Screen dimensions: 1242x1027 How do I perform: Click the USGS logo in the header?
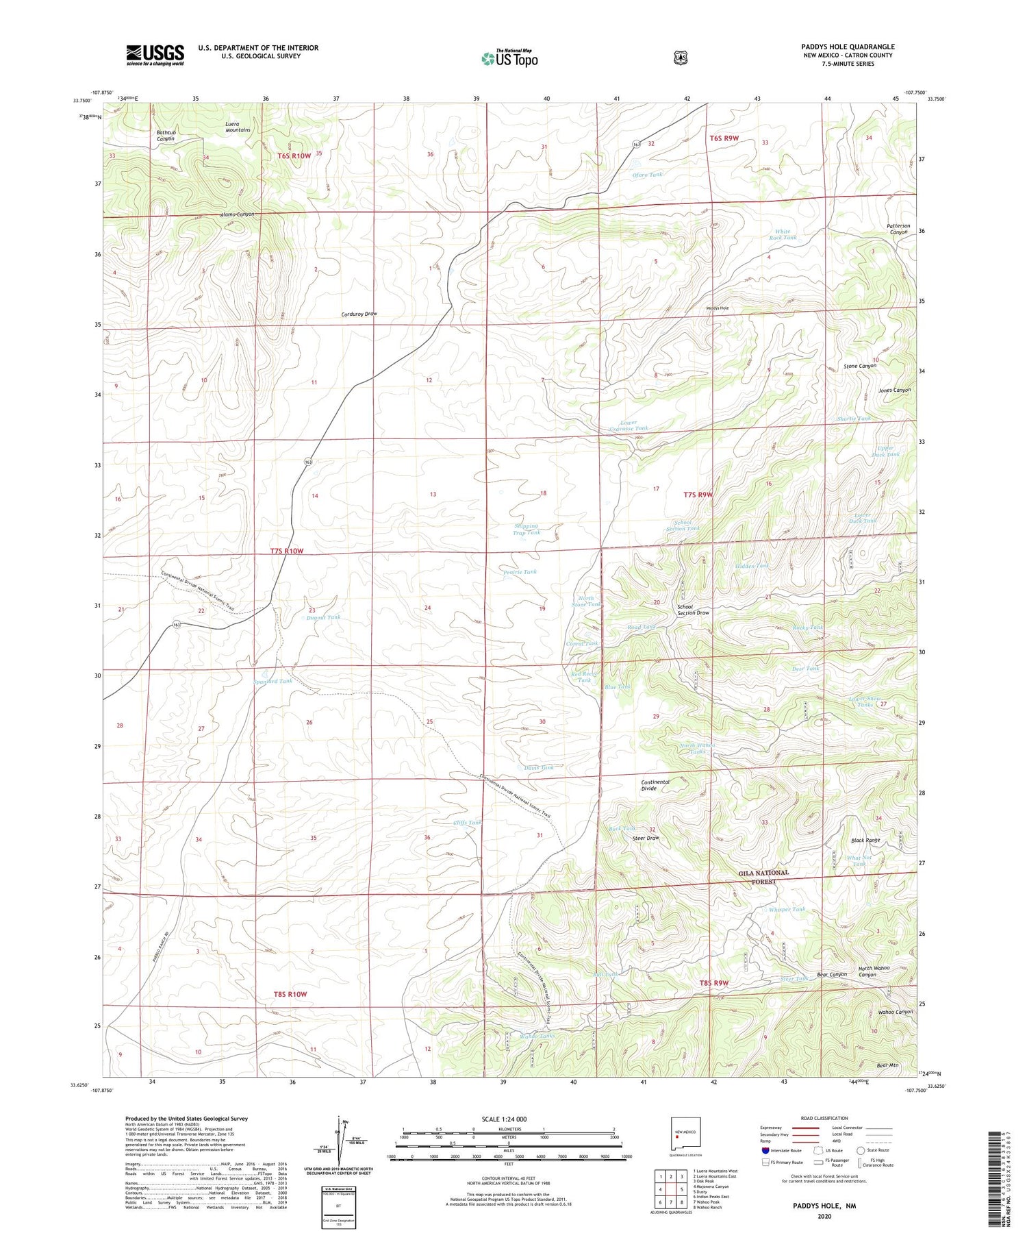pyautogui.click(x=155, y=55)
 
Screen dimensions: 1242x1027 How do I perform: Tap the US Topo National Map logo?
pyautogui.click(x=509, y=58)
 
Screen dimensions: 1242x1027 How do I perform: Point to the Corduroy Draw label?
pyautogui.click(x=359, y=314)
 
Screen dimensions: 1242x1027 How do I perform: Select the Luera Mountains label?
pyautogui.click(x=238, y=127)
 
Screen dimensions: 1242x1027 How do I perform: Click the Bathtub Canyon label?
pyautogui.click(x=165, y=135)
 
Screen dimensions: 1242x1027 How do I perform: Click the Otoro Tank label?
pyautogui.click(x=647, y=175)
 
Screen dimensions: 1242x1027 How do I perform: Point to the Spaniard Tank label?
pyautogui.click(x=272, y=681)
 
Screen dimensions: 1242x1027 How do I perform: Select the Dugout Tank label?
pyautogui.click(x=324, y=617)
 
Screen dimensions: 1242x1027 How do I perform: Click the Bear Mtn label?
pyautogui.click(x=887, y=1065)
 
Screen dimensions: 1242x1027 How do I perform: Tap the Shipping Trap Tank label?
pyautogui.click(x=527, y=529)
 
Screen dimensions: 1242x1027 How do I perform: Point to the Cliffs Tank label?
pyautogui.click(x=468, y=822)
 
